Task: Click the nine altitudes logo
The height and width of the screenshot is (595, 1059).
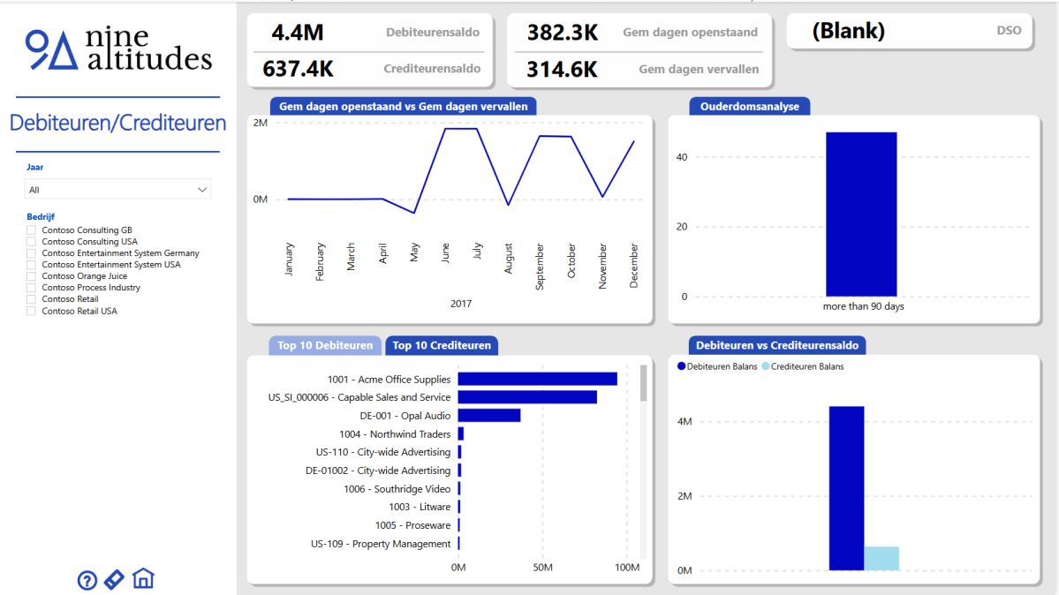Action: [118, 49]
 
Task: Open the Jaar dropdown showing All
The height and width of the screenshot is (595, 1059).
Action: [117, 190]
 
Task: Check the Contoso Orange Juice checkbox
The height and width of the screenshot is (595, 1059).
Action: [33, 276]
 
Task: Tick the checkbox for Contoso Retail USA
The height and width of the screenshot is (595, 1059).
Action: [33, 311]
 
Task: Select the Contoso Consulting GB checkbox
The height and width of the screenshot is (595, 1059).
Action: [33, 230]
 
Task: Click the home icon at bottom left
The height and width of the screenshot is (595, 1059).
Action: [143, 579]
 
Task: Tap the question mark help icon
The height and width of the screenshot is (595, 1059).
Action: [87, 580]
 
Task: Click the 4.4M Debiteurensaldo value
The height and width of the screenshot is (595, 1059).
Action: [298, 33]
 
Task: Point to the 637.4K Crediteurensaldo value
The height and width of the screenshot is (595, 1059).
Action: [298, 69]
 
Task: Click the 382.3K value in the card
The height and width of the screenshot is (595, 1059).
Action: [563, 33]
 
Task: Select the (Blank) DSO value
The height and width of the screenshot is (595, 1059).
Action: [848, 32]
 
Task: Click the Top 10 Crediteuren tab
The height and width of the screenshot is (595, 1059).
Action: [442, 345]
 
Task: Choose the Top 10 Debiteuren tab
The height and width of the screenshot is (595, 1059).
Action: [325, 345]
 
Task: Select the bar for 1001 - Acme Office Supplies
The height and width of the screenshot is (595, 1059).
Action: [537, 379]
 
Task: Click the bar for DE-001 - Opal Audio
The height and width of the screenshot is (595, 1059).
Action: [488, 416]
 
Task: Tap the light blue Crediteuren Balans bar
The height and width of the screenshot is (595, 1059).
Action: [881, 558]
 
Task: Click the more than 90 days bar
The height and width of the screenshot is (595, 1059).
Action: [861, 214]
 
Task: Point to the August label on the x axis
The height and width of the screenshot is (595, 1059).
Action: [509, 259]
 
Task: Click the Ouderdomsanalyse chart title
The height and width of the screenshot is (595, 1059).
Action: [750, 106]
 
